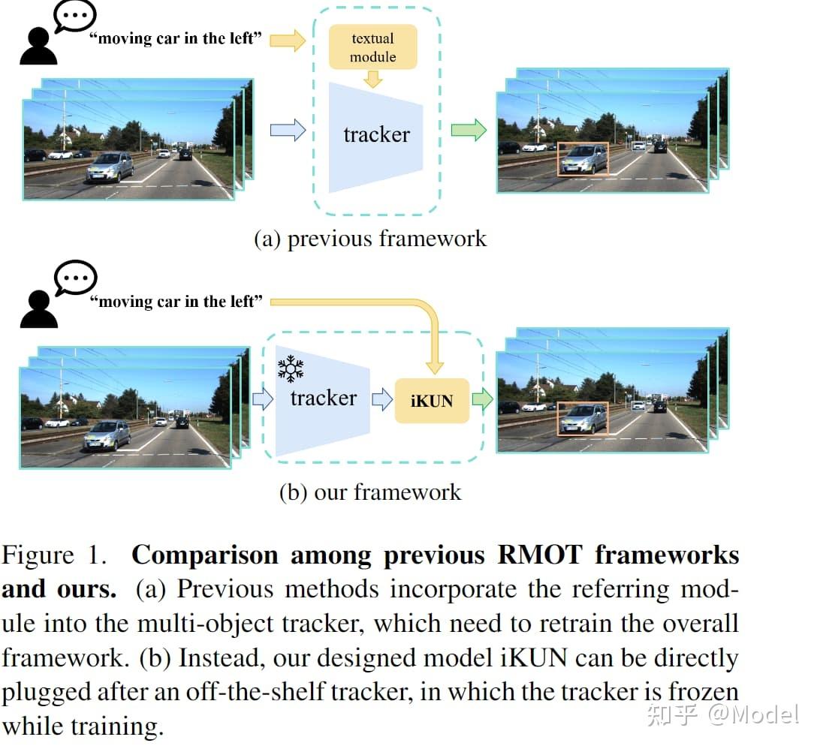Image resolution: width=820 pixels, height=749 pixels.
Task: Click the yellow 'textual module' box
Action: (x=373, y=47)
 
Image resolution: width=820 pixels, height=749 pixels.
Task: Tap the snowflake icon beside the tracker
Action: (x=291, y=369)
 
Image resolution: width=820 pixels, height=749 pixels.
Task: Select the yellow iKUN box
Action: (x=432, y=400)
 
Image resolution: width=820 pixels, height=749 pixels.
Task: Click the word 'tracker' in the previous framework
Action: (x=376, y=135)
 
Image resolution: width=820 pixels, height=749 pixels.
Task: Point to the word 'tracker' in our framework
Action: (x=323, y=399)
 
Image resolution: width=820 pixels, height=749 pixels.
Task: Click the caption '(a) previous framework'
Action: (x=370, y=239)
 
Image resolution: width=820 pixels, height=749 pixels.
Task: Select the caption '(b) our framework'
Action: (x=370, y=492)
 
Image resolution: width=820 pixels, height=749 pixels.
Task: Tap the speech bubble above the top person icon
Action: (x=75, y=16)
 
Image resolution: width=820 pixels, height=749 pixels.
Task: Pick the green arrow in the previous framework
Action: (x=469, y=130)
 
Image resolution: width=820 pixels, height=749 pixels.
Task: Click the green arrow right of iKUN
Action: (x=482, y=399)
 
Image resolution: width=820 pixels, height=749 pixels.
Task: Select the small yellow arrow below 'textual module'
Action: (x=373, y=79)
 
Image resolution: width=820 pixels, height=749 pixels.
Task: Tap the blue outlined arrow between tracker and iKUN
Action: (x=382, y=399)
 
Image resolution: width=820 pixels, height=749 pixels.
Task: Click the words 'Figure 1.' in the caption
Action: (x=54, y=555)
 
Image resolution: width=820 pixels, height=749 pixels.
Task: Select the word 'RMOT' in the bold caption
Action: (x=540, y=555)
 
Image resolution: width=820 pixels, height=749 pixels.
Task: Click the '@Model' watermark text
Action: (x=753, y=714)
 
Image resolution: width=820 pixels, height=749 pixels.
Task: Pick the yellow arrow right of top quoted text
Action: (x=288, y=40)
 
